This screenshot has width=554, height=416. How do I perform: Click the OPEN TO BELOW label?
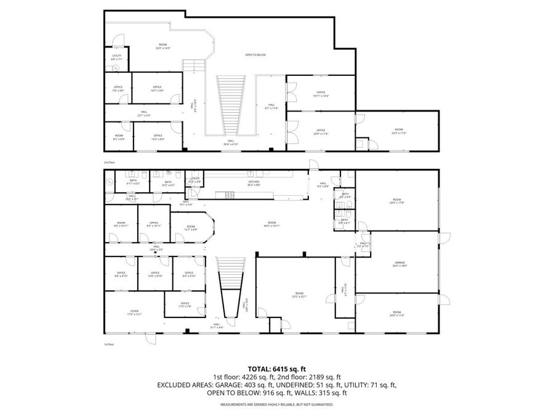[255, 55]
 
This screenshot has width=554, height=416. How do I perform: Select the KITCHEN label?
[254, 182]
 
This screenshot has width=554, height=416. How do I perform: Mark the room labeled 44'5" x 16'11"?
[271, 224]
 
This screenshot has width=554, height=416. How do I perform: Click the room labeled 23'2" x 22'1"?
[299, 295]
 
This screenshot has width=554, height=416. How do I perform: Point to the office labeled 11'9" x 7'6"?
[185, 305]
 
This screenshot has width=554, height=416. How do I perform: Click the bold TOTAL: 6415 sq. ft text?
[277, 367]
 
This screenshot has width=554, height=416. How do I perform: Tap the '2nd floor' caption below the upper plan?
[110, 161]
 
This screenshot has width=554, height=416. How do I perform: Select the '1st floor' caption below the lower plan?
[110, 344]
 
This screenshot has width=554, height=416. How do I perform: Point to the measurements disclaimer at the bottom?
[277, 405]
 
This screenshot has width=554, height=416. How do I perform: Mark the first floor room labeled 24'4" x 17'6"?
[397, 202]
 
